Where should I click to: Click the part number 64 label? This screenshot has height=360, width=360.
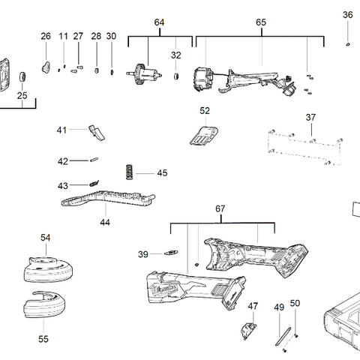click(159, 22)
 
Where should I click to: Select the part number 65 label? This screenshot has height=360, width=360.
click(261, 22)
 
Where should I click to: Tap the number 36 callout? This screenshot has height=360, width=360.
click(347, 15)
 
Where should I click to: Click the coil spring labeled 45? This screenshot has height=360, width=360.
click(130, 172)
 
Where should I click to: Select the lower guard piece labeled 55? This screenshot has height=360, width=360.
click(44, 308)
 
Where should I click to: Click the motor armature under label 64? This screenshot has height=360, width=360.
click(146, 75)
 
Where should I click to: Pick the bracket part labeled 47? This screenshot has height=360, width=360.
click(247, 328)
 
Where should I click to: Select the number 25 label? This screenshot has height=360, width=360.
click(22, 95)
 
